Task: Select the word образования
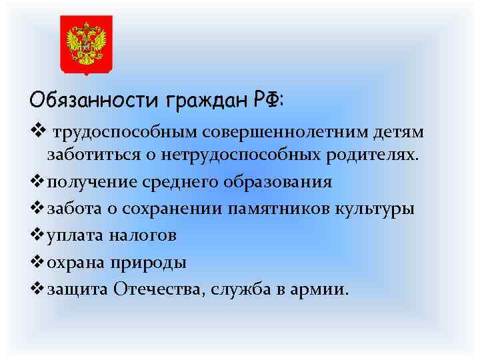coord(273,182)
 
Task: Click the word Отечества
coord(155,289)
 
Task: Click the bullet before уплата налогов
coord(37,235)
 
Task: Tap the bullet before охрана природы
coord(37,261)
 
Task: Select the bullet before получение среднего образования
coord(37,181)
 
